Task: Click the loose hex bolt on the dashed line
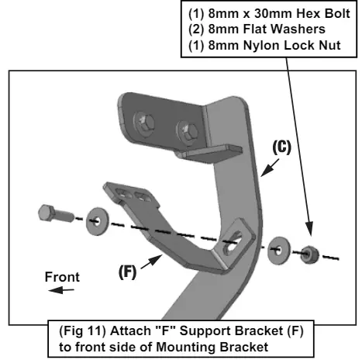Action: pos(56,214)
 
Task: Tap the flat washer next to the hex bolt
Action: pos(97,221)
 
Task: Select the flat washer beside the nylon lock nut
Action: pos(278,250)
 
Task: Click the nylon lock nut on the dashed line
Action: pos(309,254)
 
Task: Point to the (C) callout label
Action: pos(281,147)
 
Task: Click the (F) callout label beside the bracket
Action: pos(127,272)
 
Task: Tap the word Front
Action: pos(62,277)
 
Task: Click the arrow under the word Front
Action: pos(61,290)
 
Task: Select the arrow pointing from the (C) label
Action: pos(270,168)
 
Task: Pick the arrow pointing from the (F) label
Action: pos(152,261)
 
